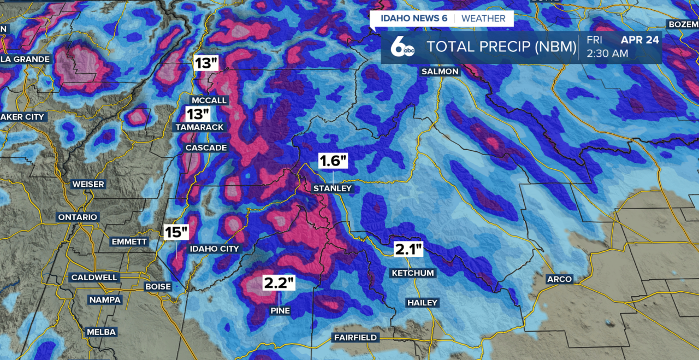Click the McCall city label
pos(209,101)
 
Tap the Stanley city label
pos(333,188)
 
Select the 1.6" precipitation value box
pos(333,161)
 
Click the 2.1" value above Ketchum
pos(409,250)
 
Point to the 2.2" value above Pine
pos(279,283)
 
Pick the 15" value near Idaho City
pos(176,232)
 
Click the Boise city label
pos(158,286)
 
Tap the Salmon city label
pos(440,72)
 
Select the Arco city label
pos(560,279)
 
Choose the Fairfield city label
pos(356,338)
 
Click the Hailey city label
pos(422,303)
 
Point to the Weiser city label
pos(88,184)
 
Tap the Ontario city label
pos(78,217)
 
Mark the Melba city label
pos(102,332)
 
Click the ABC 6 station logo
pos(402,48)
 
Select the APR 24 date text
pos(641,39)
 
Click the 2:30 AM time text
pos(607,54)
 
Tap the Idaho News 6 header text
pos(413,19)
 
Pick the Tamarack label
pos(199,127)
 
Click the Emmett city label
pos(129,241)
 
